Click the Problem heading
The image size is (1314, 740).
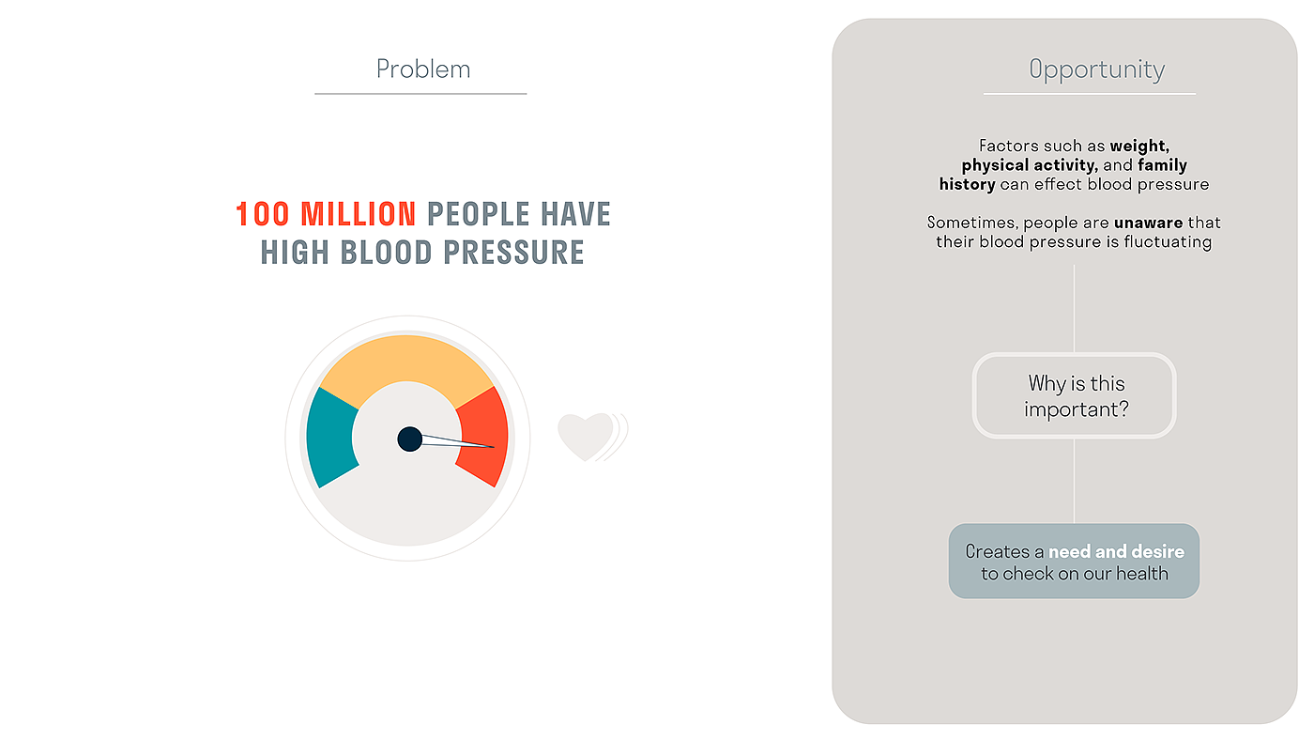(x=423, y=69)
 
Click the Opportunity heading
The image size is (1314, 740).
(x=1097, y=70)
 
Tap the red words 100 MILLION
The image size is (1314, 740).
(x=327, y=214)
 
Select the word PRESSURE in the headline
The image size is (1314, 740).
(x=513, y=253)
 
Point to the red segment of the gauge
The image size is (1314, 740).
(x=484, y=436)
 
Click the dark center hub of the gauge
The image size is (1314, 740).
(x=409, y=439)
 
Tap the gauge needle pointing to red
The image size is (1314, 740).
(x=458, y=441)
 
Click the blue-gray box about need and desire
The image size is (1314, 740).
(x=1074, y=561)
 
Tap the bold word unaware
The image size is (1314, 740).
(x=1148, y=223)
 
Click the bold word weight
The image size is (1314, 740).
(x=1139, y=146)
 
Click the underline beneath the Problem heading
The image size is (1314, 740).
(x=420, y=93)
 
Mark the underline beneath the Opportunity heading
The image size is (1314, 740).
(x=1090, y=93)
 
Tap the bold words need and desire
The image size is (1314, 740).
(x=1116, y=551)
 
